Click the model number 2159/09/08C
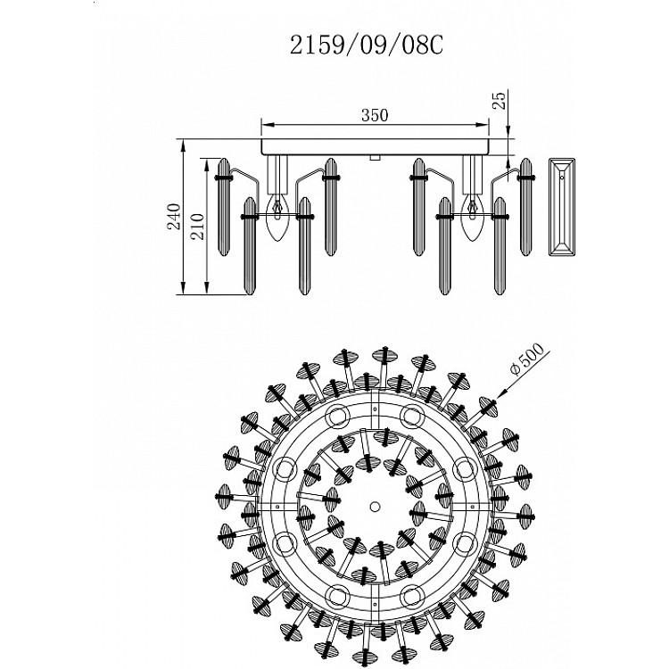[367, 45]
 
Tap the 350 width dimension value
[375, 115]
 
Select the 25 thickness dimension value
[500, 100]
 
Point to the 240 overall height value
[174, 217]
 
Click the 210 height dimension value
[197, 227]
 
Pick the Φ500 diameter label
[527, 359]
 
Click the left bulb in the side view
[277, 217]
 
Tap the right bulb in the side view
[472, 217]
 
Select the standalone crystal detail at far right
[562, 207]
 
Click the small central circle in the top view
[375, 506]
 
